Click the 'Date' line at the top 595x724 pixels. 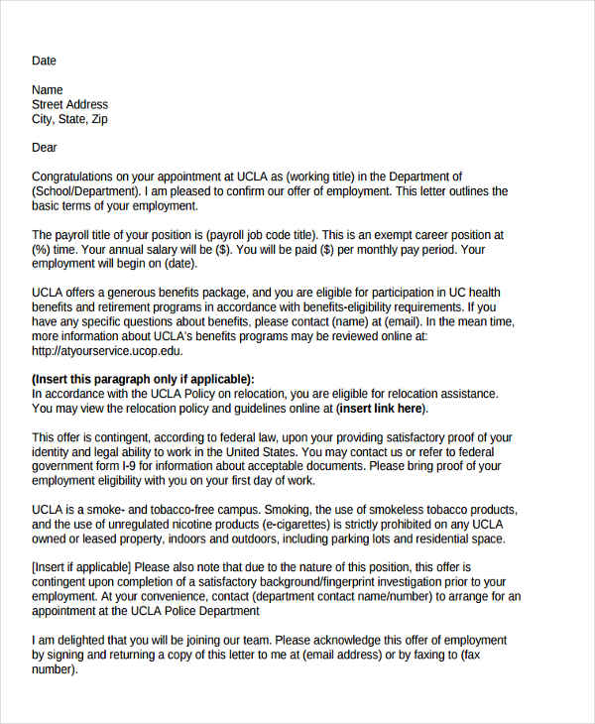pyautogui.click(x=44, y=60)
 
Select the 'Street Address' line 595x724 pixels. pyautogui.click(x=69, y=104)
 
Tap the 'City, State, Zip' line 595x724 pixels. pyautogui.click(x=69, y=119)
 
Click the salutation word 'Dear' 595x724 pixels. pyautogui.click(x=45, y=148)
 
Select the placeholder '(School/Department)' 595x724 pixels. pyautogui.click(x=85, y=191)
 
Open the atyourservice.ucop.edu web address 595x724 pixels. pyautogui.click(x=107, y=350)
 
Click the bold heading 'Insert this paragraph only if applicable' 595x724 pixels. pyautogui.click(x=143, y=379)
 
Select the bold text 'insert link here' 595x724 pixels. pyautogui.click(x=383, y=408)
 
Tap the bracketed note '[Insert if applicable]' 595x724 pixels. pyautogui.click(x=88, y=567)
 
